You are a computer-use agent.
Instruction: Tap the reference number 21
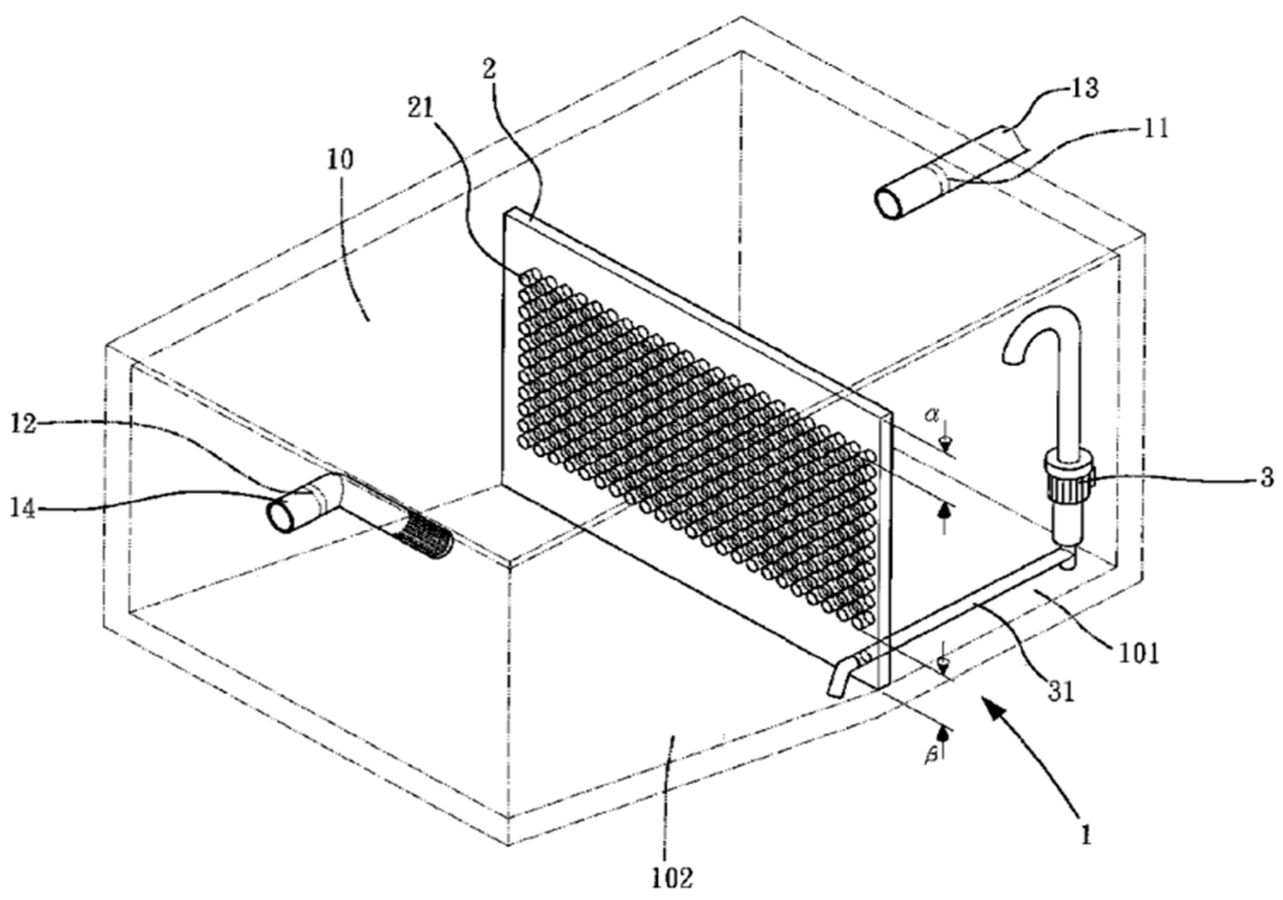[420, 109]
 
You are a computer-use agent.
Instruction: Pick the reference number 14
[23, 509]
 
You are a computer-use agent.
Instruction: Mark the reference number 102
[672, 878]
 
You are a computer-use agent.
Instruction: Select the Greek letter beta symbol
[929, 758]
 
